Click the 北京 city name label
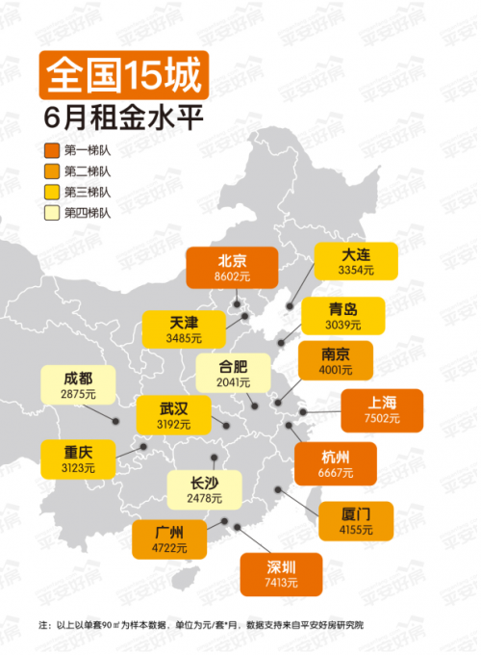point(232,260)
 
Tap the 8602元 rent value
point(232,275)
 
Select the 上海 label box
point(382,408)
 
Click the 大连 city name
point(356,255)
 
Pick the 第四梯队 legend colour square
point(51,212)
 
